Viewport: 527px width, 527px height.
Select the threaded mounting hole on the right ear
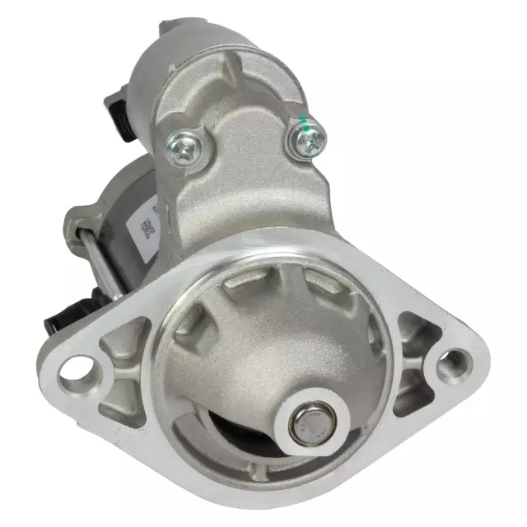click(451, 360)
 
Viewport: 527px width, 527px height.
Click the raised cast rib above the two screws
click(247, 91)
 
